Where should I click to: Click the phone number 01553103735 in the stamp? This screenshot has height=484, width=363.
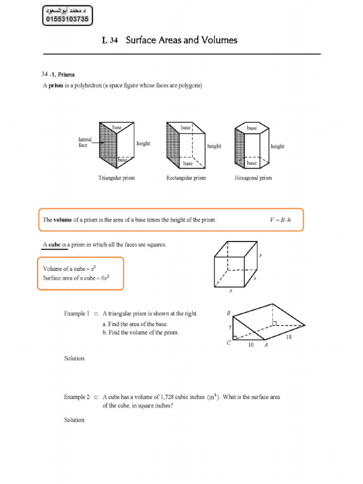click(x=68, y=19)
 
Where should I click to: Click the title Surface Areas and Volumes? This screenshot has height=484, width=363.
click(x=181, y=41)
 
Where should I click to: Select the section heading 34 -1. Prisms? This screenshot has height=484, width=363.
click(x=58, y=74)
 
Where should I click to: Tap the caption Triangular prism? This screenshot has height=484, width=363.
click(x=116, y=178)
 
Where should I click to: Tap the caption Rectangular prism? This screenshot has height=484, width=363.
click(x=186, y=178)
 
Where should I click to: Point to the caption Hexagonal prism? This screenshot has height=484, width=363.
click(x=253, y=178)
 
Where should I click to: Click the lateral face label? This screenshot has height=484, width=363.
click(x=85, y=142)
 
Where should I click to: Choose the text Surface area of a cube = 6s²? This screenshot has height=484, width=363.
click(x=76, y=278)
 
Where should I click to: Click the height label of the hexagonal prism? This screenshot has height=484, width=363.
click(x=277, y=147)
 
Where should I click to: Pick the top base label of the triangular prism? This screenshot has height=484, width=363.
click(x=117, y=128)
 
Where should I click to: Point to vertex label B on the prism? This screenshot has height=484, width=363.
click(x=228, y=313)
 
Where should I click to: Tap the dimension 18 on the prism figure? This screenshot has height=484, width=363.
click(x=289, y=337)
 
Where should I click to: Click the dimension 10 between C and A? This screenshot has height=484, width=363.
click(x=251, y=345)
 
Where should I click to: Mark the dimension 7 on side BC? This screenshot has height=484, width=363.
click(x=230, y=328)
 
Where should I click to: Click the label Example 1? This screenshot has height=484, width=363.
click(x=77, y=314)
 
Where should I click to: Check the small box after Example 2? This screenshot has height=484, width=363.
click(x=96, y=398)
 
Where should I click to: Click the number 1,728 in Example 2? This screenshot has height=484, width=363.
click(x=169, y=397)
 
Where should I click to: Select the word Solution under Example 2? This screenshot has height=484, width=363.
click(x=74, y=420)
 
